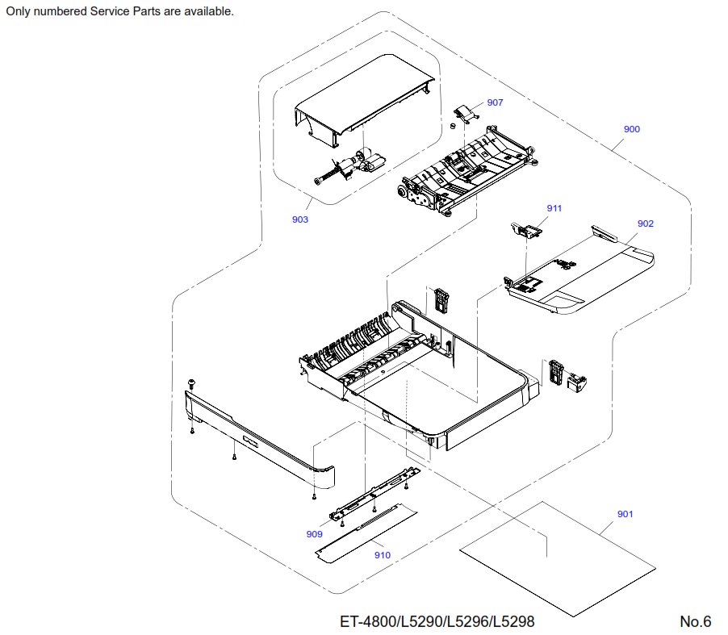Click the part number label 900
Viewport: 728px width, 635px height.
coord(632,129)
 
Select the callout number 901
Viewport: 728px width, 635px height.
coord(625,514)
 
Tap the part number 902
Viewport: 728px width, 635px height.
coord(645,224)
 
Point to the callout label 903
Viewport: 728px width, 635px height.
coord(300,219)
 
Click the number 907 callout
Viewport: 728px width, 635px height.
coord(495,102)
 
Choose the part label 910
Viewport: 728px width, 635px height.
coord(383,554)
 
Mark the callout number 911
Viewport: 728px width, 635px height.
coord(554,208)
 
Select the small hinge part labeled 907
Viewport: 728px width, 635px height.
coord(463,112)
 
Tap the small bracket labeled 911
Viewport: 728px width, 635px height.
coord(529,230)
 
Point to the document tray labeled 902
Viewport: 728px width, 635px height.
coord(581,274)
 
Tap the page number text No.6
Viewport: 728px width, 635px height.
coord(695,621)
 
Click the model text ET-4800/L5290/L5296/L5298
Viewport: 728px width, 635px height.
coord(437,621)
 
